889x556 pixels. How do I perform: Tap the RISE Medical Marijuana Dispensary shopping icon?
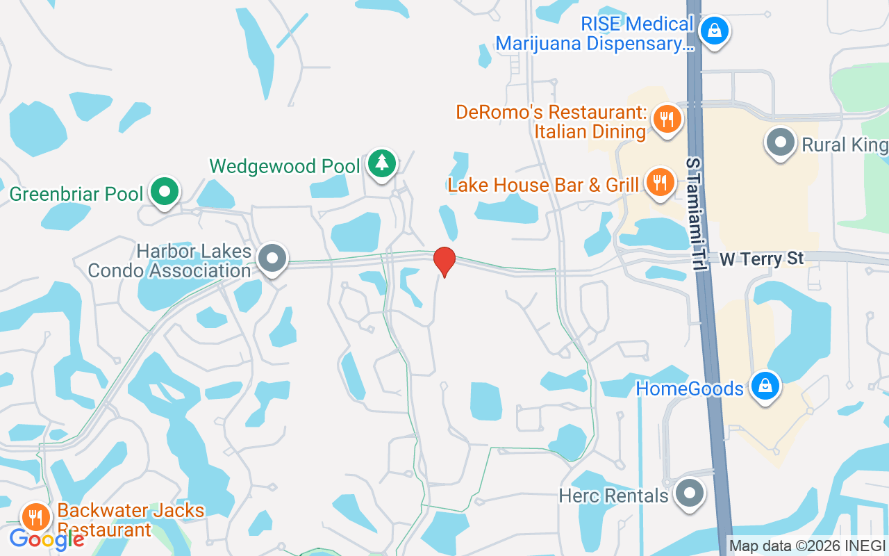click(x=713, y=30)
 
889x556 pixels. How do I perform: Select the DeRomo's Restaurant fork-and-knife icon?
click(x=667, y=119)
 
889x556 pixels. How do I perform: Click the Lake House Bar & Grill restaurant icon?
click(x=658, y=182)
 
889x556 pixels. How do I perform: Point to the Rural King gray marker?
click(x=780, y=142)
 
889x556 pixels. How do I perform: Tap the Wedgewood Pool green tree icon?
click(x=381, y=163)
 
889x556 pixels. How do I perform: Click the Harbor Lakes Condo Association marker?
click(x=272, y=258)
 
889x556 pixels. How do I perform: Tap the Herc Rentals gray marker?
click(x=689, y=493)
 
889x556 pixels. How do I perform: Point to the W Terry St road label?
click(x=762, y=259)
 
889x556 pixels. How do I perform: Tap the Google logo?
click(x=47, y=539)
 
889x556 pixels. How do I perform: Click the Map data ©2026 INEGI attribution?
click(x=806, y=546)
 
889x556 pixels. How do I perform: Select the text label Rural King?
click(x=844, y=145)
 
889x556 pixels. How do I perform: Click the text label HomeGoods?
click(x=690, y=388)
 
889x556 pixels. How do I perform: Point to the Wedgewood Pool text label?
click(x=285, y=166)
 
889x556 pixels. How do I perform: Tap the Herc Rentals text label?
click(x=614, y=496)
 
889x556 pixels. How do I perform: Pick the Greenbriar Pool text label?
click(x=76, y=193)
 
